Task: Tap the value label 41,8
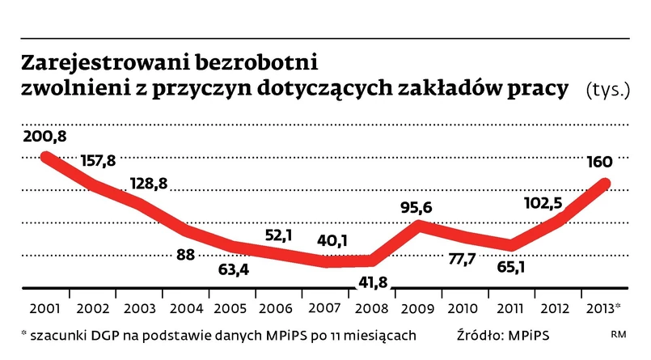coord(373,285)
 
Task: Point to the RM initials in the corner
coord(619,335)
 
